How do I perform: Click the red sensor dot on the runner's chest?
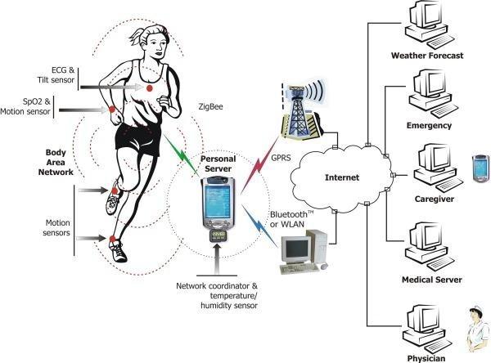150,87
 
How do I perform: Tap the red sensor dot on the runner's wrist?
112,110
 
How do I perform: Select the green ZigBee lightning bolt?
181,154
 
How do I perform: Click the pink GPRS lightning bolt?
259,165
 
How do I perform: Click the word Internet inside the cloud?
342,177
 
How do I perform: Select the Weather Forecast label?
427,56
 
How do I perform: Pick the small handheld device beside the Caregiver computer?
480,168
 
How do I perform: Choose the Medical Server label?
432,280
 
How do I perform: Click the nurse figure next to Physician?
478,328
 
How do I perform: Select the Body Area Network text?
56,162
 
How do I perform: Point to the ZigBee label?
211,107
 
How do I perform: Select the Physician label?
426,358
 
